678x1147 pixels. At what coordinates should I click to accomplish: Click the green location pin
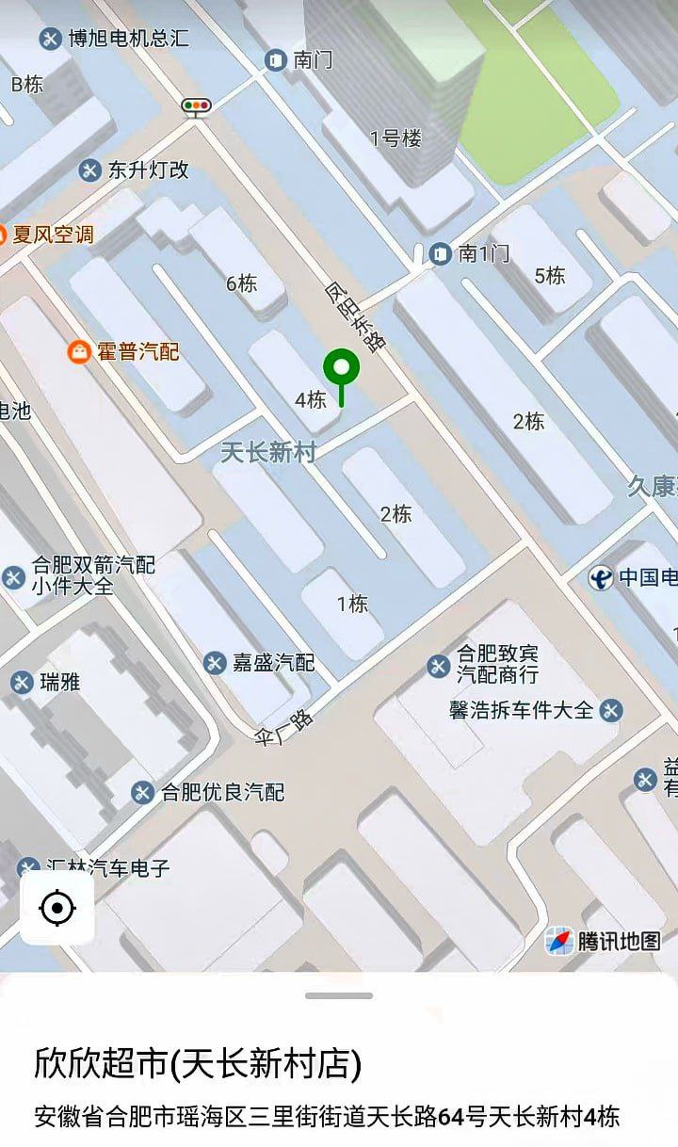click(x=341, y=368)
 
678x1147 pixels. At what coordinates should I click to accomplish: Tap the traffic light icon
click(x=197, y=106)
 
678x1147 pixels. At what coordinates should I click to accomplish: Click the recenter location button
click(x=57, y=908)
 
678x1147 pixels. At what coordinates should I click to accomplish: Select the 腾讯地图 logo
click(x=604, y=940)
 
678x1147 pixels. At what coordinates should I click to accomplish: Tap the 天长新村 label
click(x=268, y=452)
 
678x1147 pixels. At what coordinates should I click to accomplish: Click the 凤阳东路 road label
click(x=357, y=316)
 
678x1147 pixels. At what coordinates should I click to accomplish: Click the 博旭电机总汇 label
click(x=128, y=39)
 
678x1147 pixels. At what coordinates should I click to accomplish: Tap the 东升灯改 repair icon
click(x=89, y=170)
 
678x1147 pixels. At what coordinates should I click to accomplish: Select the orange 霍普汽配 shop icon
click(x=79, y=352)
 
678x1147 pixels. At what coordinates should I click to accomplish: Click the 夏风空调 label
click(x=53, y=234)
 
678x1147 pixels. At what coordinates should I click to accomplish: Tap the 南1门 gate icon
click(x=440, y=253)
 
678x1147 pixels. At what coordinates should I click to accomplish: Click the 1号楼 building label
click(x=395, y=139)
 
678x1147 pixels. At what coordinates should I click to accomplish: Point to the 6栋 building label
click(x=241, y=283)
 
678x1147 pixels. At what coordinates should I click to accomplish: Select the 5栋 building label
click(x=550, y=276)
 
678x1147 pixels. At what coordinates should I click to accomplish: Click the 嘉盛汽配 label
click(x=272, y=662)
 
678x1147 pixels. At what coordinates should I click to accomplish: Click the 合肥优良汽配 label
click(x=222, y=792)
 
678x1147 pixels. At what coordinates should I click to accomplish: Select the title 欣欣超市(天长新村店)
click(x=198, y=1063)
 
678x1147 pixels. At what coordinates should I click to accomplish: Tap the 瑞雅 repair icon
click(x=22, y=682)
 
